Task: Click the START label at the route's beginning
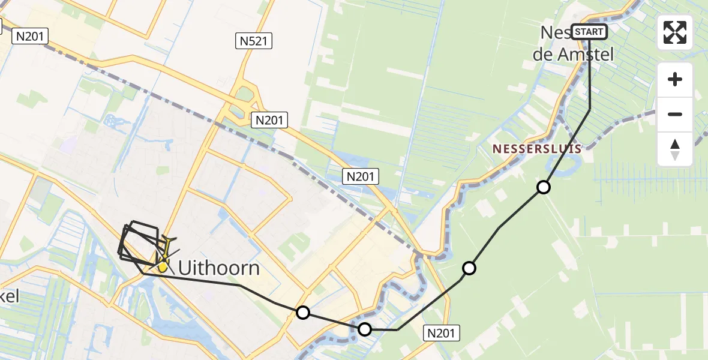(589, 31)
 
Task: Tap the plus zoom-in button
(675, 79)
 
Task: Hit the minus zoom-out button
(675, 114)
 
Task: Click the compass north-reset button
(675, 149)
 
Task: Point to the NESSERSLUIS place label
(536, 148)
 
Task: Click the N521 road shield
(254, 41)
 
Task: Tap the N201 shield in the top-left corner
(30, 36)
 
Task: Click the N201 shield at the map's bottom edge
(442, 333)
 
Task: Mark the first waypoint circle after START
(544, 187)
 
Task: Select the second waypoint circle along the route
(469, 268)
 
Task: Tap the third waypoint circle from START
(365, 329)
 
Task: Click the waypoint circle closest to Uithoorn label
(303, 313)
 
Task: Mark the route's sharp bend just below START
(590, 109)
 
